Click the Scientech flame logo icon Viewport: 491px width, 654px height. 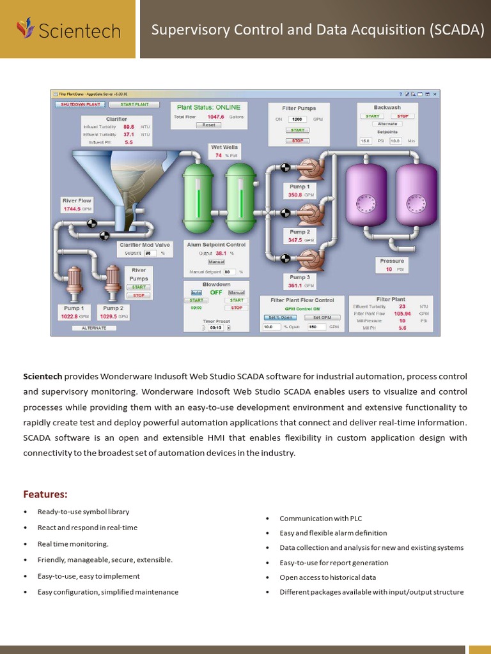(x=26, y=29)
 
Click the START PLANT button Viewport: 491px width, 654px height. (x=134, y=104)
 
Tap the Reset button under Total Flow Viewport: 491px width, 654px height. (x=208, y=125)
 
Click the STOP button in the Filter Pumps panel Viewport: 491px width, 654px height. (x=297, y=141)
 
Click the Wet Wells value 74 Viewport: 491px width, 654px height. (x=219, y=155)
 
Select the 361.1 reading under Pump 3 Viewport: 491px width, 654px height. (x=295, y=286)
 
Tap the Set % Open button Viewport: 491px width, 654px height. (x=279, y=317)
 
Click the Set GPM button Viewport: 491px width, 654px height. (x=322, y=317)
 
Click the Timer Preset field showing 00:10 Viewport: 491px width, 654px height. (x=215, y=328)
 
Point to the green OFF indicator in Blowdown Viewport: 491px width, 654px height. (x=216, y=293)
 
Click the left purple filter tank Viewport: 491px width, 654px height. (x=366, y=195)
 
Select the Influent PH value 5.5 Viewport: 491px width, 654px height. (x=129, y=142)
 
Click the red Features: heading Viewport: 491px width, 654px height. (x=45, y=494)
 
